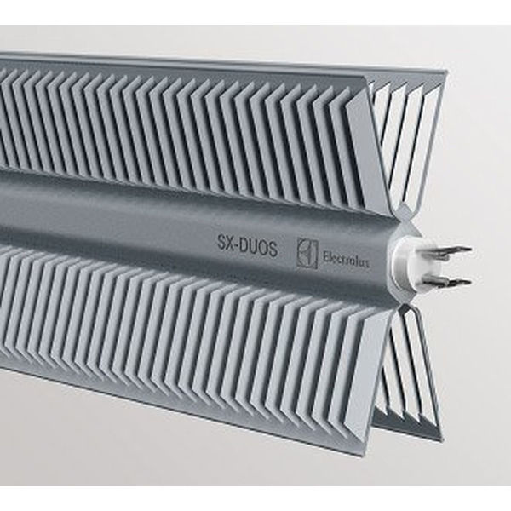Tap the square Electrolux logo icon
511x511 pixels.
pos(307,253)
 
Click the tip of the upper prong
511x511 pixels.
pos(469,250)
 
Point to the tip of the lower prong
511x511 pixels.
pos(468,282)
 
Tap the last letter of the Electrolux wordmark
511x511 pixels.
pos(367,264)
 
